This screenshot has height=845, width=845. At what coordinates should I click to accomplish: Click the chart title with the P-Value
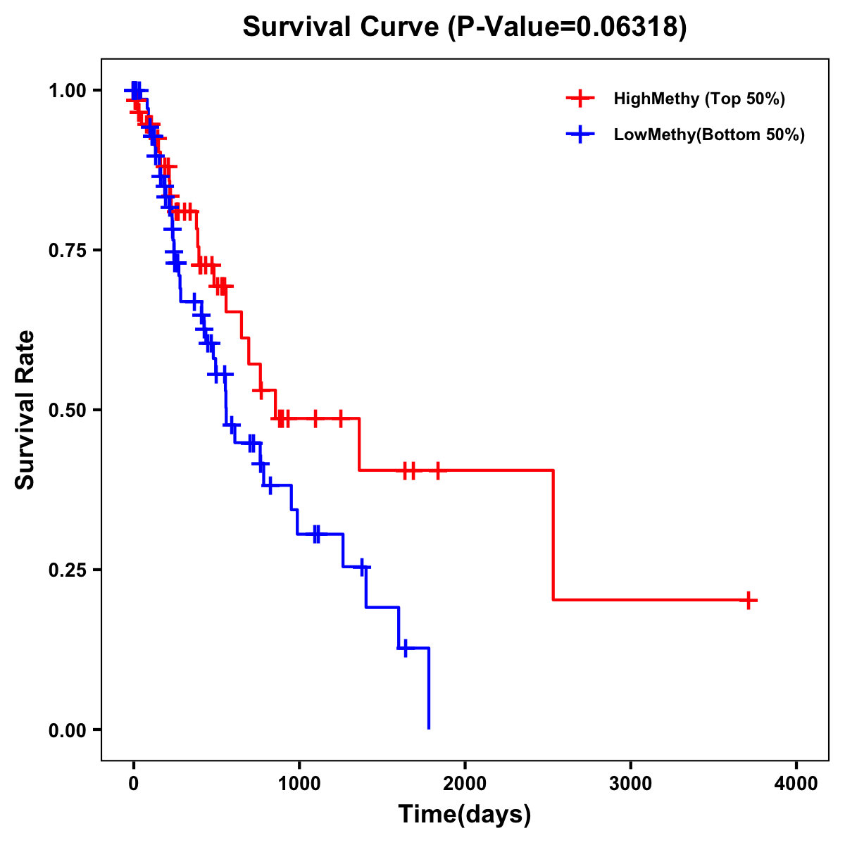pos(464,27)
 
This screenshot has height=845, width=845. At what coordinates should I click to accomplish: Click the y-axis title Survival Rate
pos(25,409)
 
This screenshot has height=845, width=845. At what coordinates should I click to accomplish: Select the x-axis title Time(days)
pos(465,814)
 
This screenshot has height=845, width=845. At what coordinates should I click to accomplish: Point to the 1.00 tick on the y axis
pos(69,90)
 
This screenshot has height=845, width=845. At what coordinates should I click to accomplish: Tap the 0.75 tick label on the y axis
pos(69,250)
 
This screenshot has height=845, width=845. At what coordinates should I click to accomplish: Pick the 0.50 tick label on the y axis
pos(69,410)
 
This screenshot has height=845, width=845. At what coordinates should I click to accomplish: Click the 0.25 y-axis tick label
pos(69,570)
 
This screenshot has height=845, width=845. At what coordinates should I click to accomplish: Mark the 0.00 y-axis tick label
pos(69,730)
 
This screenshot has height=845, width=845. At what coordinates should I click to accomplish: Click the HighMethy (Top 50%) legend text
pos(699,99)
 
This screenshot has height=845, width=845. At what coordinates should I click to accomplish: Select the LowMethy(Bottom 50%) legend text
pos(709,134)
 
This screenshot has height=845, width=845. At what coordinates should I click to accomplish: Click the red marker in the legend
pos(580,99)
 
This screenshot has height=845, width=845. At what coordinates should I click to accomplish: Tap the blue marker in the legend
pos(580,134)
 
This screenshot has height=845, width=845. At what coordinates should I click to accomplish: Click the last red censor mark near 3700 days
pos(749,600)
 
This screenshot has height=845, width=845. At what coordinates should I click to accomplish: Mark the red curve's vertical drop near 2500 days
pos(553,535)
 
